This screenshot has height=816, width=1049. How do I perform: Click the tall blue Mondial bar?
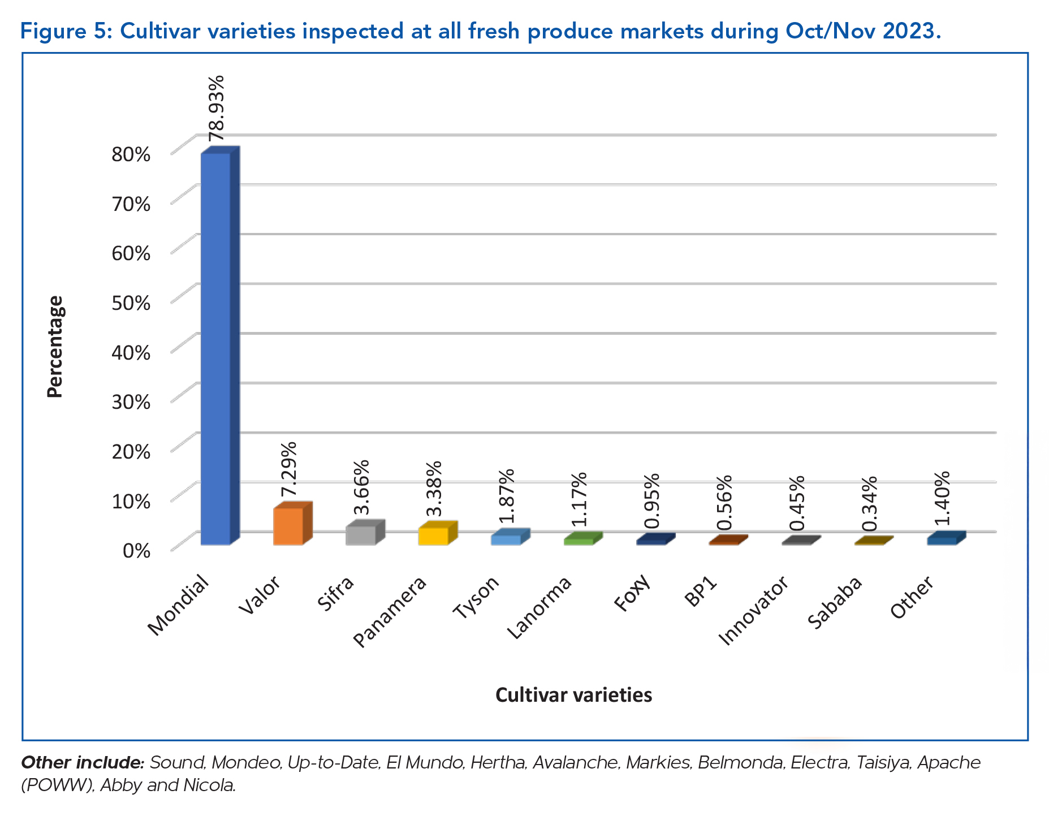(x=216, y=348)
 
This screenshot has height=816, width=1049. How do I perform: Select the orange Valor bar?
(x=288, y=526)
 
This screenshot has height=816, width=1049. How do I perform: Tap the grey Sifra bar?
(x=361, y=535)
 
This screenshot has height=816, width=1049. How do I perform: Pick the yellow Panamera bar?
(x=433, y=536)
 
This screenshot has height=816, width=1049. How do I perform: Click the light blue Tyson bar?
(x=506, y=539)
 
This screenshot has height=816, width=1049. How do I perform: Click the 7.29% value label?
(x=289, y=469)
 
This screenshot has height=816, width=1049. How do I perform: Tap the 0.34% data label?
(x=869, y=503)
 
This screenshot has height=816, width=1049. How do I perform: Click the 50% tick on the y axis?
(x=131, y=303)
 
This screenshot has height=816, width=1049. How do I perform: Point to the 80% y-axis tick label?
(x=131, y=154)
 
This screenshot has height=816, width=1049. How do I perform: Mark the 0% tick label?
(x=136, y=550)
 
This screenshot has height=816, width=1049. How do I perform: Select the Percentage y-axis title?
(x=55, y=347)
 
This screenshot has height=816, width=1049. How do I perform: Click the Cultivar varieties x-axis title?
(x=573, y=694)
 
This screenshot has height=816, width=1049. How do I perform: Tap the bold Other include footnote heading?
(x=83, y=762)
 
